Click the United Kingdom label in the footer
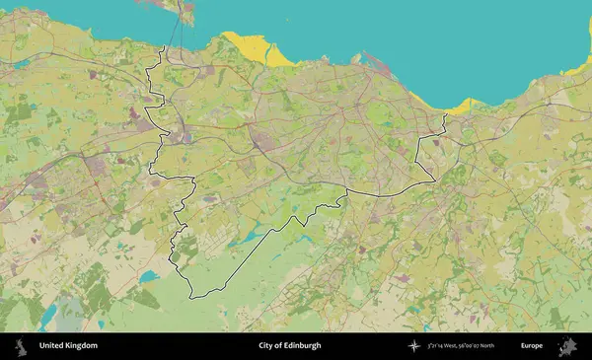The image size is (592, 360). (x=68, y=346)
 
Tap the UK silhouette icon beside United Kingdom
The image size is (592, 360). (x=20, y=346)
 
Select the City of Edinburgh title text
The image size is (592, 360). (x=289, y=346)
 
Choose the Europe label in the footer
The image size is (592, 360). (x=532, y=346)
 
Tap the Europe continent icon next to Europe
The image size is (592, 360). (x=568, y=346)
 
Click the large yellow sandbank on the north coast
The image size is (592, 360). (x=255, y=47)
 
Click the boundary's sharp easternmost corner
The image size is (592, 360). (x=434, y=180)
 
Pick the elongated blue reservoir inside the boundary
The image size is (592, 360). (x=252, y=235)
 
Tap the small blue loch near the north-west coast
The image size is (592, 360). (x=22, y=64)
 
